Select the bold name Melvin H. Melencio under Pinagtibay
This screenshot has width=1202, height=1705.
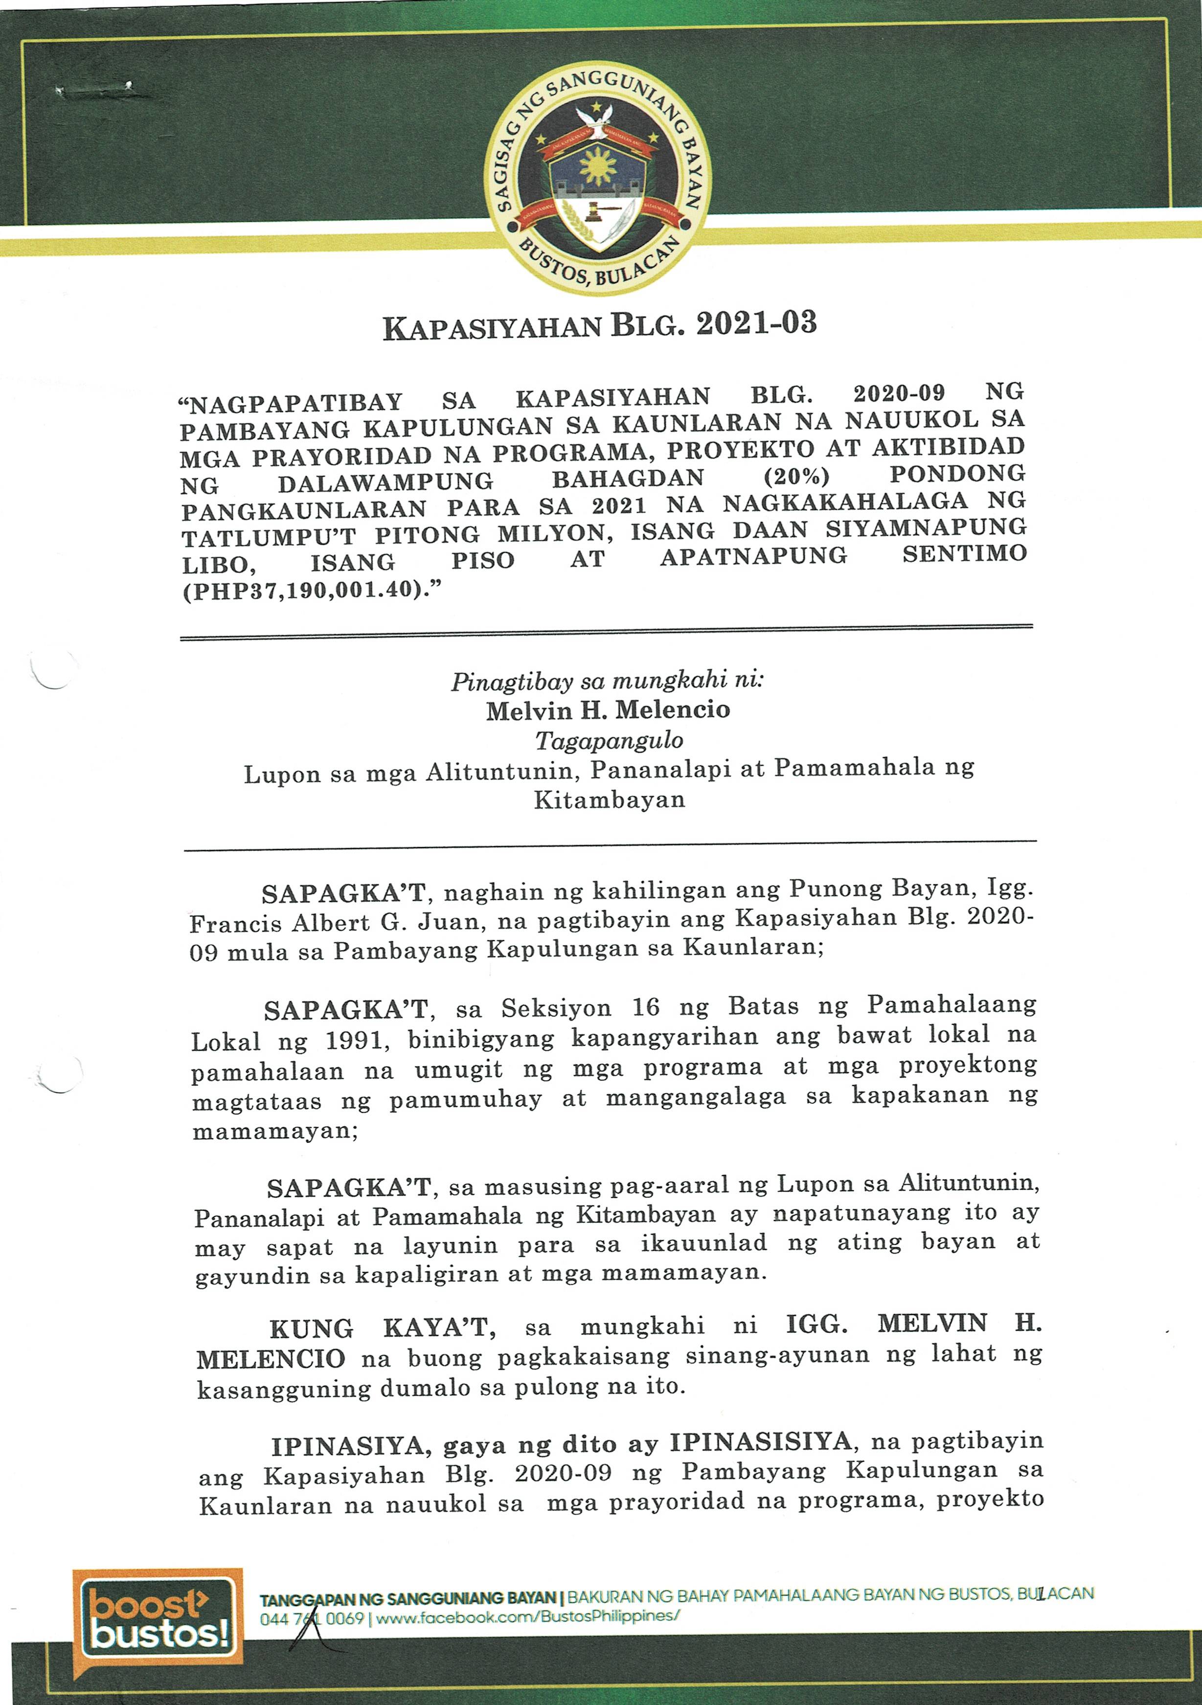tap(608, 711)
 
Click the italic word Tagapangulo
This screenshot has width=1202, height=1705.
tap(609, 741)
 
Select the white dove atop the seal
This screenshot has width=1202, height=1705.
tap(600, 119)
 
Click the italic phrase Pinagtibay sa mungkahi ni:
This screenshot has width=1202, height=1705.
tap(607, 680)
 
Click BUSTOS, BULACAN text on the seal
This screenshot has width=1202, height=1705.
tap(598, 266)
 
